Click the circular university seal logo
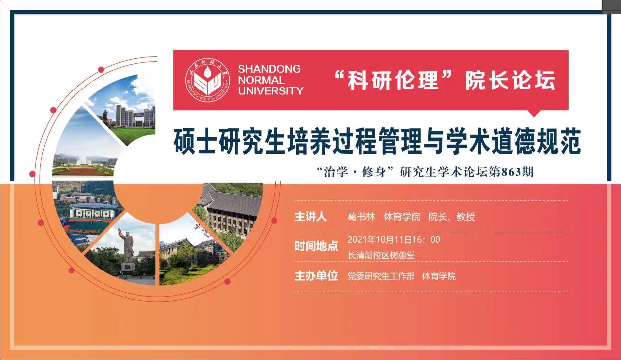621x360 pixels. pos(207,80)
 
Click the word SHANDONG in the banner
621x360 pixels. pos(269,69)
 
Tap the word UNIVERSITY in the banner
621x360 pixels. pos(271,91)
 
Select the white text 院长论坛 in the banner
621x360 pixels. pos(511,80)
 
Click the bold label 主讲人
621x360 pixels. pos(310,217)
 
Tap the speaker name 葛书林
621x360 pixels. pos(361,217)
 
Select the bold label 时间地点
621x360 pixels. pos(316,246)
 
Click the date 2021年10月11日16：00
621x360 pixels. pos(394,240)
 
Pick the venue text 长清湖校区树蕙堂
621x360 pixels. pos(381,255)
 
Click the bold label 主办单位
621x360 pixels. pos(316,276)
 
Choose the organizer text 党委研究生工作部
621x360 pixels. pos(381,276)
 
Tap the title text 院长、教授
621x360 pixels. pos(452,217)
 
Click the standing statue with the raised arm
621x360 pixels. pos(127,245)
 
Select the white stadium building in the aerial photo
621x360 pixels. pos(93,211)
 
